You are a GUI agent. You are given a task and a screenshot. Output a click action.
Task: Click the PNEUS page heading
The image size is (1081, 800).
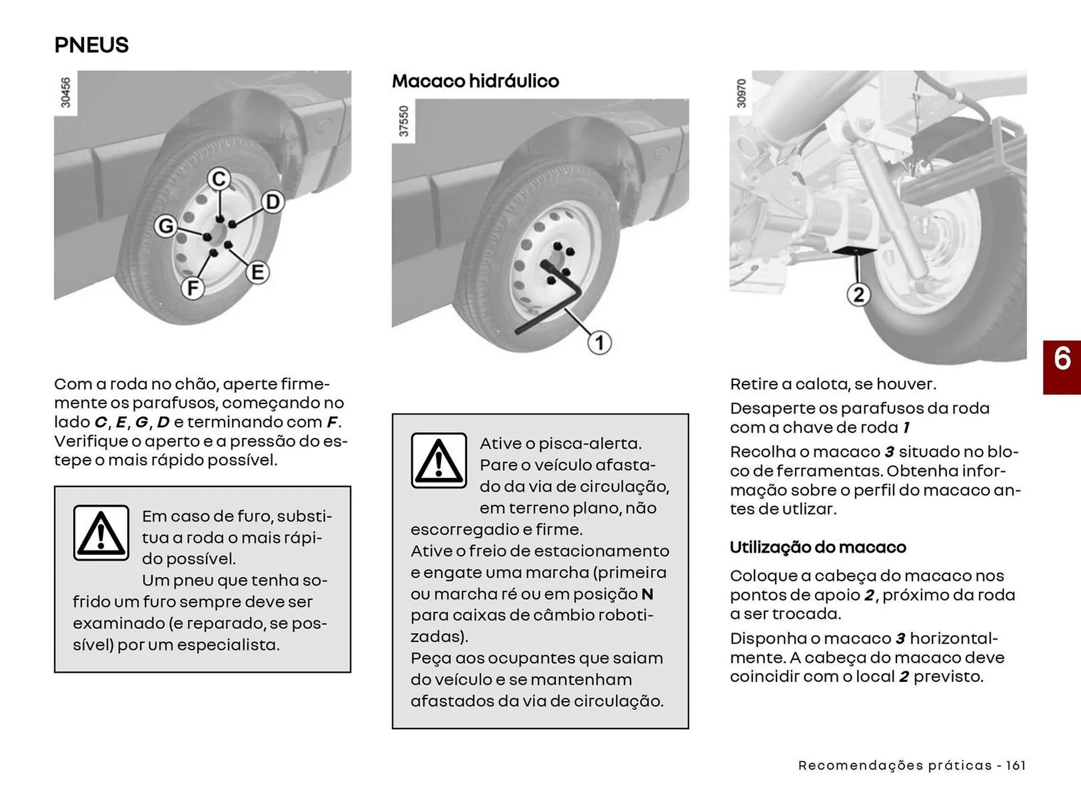pyautogui.click(x=91, y=45)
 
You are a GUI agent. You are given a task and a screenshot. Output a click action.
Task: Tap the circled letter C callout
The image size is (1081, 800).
pyautogui.click(x=219, y=179)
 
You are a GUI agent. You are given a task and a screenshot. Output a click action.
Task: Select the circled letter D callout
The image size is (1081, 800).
pyautogui.click(x=273, y=202)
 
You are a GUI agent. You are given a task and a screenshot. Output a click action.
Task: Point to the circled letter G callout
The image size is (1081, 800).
pyautogui.click(x=166, y=226)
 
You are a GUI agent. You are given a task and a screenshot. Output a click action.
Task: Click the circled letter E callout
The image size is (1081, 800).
pyautogui.click(x=258, y=272)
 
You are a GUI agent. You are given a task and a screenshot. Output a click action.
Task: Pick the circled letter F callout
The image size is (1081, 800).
pyautogui.click(x=193, y=288)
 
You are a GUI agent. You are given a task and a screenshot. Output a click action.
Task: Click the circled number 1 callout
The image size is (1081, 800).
pyautogui.click(x=599, y=342)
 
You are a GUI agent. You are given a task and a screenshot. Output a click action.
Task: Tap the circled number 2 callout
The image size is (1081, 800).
pyautogui.click(x=858, y=294)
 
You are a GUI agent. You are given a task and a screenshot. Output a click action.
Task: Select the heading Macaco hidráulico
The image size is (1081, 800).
pyautogui.click(x=475, y=81)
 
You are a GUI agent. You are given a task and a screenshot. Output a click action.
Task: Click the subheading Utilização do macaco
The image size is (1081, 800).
pyautogui.click(x=818, y=547)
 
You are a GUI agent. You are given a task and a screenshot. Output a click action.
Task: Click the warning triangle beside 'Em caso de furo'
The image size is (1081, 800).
pyautogui.click(x=101, y=533)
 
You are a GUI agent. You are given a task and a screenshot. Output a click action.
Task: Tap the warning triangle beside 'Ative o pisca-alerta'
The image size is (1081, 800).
pyautogui.click(x=439, y=460)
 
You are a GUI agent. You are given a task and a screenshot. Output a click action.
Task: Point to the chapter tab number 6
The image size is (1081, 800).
pyautogui.click(x=1062, y=359)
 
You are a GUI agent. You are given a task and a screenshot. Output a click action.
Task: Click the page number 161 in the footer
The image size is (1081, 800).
pyautogui.click(x=1016, y=765)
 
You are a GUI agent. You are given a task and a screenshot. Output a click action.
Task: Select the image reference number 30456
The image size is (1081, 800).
pyautogui.click(x=66, y=92)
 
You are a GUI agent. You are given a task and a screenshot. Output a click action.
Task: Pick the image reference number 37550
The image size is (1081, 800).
pyautogui.click(x=404, y=120)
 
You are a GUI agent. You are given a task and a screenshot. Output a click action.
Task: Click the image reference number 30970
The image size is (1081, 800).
pyautogui.click(x=741, y=93)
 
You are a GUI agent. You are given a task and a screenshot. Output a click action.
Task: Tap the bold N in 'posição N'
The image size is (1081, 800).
pyautogui.click(x=647, y=594)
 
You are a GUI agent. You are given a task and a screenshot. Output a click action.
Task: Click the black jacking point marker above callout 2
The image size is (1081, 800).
pyautogui.click(x=854, y=250)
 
